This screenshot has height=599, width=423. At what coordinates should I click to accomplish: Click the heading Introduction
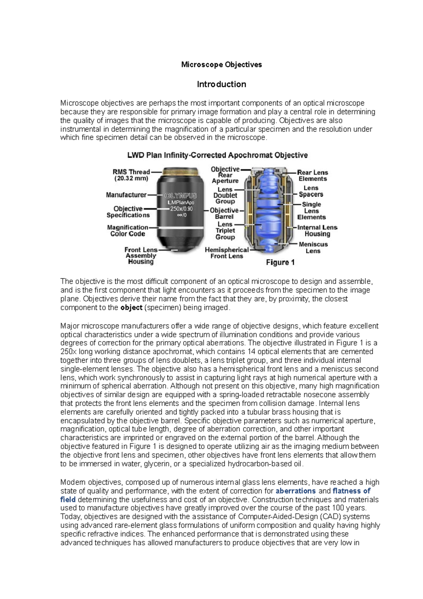tap(221, 84)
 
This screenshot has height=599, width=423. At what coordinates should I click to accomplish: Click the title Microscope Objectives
tap(221, 65)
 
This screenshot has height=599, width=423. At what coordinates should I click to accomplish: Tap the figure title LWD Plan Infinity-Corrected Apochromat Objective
tap(217, 155)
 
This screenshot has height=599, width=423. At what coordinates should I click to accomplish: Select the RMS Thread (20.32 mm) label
tap(131, 175)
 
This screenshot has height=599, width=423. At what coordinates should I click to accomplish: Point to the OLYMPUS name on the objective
tap(180, 195)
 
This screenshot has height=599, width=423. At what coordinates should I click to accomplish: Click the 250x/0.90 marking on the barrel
tap(181, 208)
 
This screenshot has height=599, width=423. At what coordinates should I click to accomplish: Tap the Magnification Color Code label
tap(128, 231)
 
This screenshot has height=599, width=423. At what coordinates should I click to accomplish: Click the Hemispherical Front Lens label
tap(227, 253)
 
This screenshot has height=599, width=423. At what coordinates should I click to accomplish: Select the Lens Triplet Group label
tap(225, 231)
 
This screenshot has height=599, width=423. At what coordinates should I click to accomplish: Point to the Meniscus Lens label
tap(313, 248)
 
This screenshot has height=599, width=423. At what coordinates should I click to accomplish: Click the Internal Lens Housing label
tap(317, 231)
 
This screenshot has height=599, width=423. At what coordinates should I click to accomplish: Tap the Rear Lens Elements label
tap(313, 176)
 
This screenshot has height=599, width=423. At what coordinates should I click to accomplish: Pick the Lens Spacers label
tap(311, 191)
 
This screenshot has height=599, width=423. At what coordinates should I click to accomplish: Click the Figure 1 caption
tap(280, 262)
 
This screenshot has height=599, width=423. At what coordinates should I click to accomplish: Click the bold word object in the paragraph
tap(131, 308)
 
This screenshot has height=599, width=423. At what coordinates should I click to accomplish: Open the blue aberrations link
tap(295, 491)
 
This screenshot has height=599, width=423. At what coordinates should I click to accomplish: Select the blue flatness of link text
tap(351, 491)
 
